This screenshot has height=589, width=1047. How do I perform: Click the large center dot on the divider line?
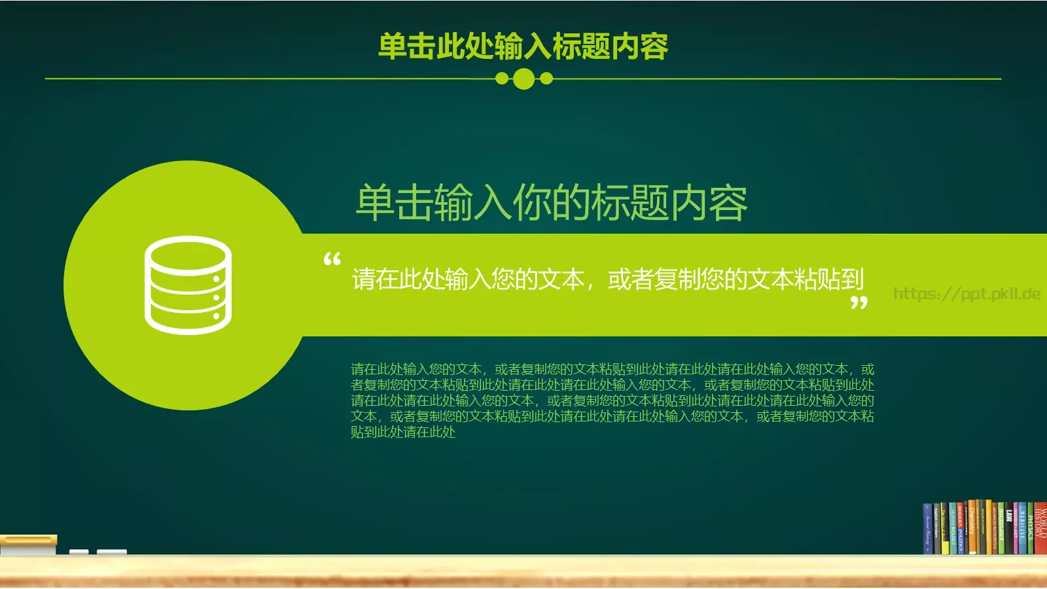523,79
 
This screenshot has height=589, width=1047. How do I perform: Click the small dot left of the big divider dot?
502,79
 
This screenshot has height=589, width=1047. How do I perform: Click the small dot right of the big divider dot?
546,79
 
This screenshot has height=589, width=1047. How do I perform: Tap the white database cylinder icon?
188,285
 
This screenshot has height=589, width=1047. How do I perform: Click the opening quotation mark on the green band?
332,260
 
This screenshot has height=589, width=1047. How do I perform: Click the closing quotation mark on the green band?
859,303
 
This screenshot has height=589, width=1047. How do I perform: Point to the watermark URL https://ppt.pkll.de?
967,294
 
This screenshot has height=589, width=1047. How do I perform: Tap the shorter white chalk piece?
79,552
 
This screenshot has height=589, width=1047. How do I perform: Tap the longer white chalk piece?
112,552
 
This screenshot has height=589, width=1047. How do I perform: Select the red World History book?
1040,529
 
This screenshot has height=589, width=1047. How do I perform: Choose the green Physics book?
1031,529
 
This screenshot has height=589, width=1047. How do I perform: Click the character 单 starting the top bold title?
393,46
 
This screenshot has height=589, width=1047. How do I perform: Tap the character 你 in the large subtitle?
531,203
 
